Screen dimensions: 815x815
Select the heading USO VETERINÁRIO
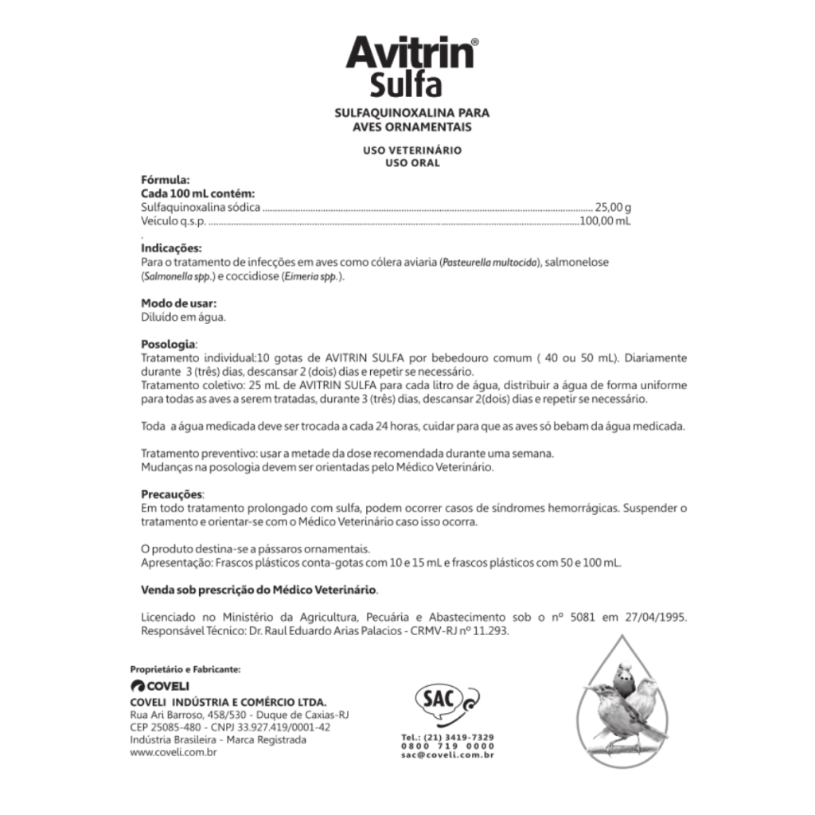411,150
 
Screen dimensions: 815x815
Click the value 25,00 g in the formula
613,207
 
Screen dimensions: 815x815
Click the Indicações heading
171,248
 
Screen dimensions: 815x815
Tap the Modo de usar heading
179,303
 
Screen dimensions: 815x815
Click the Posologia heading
168,345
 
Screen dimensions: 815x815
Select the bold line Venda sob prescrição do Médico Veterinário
259,591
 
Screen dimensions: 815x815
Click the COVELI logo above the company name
160,686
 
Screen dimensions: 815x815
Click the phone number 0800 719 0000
448,746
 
